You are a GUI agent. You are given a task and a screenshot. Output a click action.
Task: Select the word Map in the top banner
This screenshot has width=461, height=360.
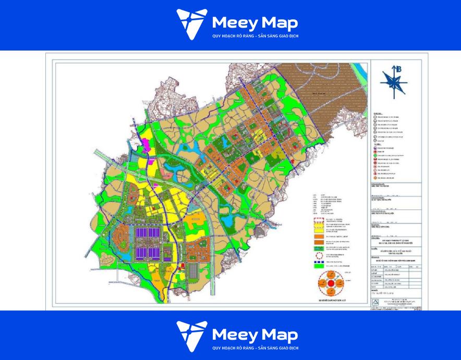(x=279, y=23)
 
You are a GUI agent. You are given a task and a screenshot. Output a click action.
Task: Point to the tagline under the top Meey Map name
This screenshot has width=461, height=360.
(x=254, y=36)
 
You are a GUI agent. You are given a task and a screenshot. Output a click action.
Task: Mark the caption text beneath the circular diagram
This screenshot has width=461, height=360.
(x=331, y=301)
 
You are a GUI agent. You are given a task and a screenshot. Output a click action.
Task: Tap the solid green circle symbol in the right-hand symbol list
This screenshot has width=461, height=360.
(x=375, y=156)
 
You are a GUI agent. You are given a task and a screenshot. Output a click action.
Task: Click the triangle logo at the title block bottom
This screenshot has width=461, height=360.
(x=374, y=303)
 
